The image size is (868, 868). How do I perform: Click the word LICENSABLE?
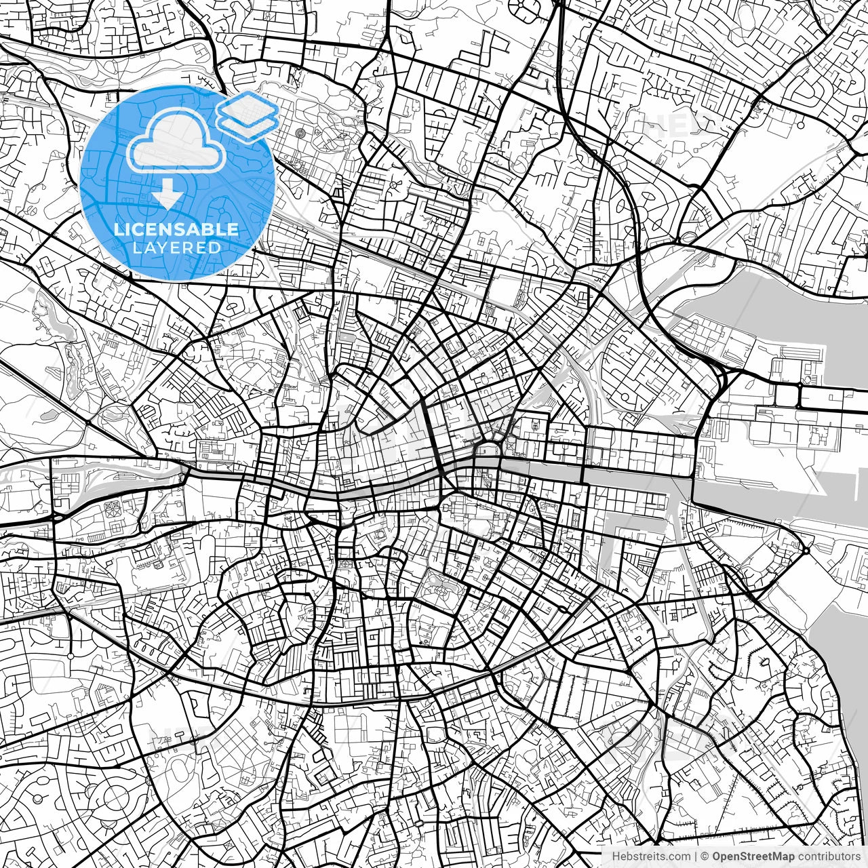click(176, 229)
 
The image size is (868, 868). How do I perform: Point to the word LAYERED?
click(177, 248)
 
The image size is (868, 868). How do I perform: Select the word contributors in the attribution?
click(828, 856)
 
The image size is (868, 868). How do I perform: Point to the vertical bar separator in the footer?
click(694, 856)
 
